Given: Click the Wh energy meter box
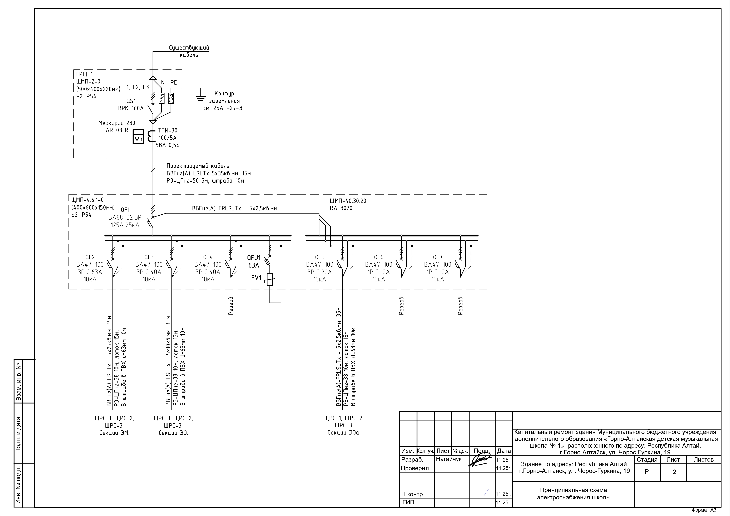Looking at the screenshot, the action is (x=138, y=137).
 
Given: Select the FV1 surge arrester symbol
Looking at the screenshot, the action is (x=270, y=279).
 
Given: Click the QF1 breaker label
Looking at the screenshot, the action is (x=125, y=210).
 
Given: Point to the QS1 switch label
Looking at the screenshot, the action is (x=131, y=101).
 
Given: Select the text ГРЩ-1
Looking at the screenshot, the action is (x=85, y=74).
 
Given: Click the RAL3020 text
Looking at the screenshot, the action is (x=341, y=208).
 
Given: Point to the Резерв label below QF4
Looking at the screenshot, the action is (x=231, y=306).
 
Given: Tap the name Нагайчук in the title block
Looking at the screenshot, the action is (x=449, y=459).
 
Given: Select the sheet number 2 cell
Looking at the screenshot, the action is (x=674, y=472).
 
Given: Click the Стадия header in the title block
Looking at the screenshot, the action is (x=647, y=459).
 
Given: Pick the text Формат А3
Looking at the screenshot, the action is (x=704, y=510).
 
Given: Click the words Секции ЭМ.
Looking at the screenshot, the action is (x=114, y=433).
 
